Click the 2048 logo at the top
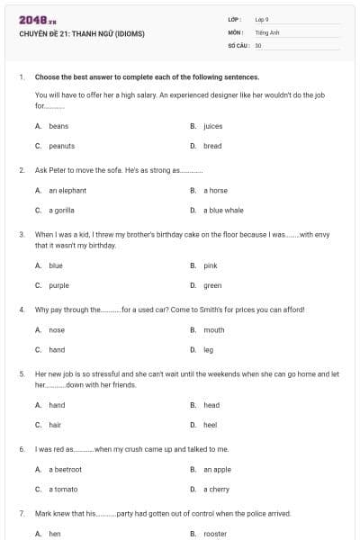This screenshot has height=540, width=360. (x=37, y=20)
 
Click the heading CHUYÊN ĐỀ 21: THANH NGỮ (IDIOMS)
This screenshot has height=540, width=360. (x=81, y=34)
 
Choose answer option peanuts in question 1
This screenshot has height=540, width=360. (x=61, y=145)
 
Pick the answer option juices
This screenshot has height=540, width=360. (x=212, y=126)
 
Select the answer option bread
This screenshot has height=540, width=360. (x=212, y=145)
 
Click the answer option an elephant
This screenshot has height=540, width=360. (x=67, y=191)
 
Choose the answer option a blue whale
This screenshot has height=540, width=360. (x=223, y=210)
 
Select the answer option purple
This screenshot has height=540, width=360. (x=58, y=284)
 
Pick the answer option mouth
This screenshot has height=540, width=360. (x=213, y=330)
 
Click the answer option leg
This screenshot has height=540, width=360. (x=208, y=349)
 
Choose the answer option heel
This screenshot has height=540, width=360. (x=211, y=424)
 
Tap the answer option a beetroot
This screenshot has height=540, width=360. (x=65, y=469)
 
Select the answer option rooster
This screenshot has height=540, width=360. (x=215, y=534)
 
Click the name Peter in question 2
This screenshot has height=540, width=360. (x=52, y=169)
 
